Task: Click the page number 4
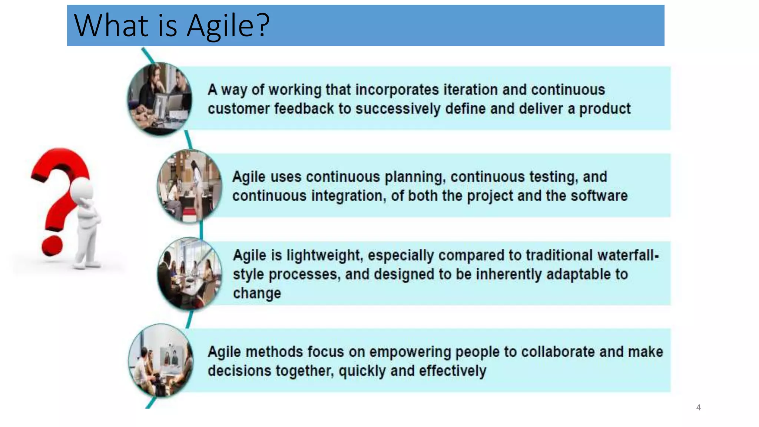click(698, 407)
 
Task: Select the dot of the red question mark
click(52, 245)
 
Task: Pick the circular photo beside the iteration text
click(160, 99)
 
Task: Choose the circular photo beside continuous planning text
click(190, 186)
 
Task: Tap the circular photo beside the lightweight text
click(190, 274)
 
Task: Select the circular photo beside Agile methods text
click(160, 360)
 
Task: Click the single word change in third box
click(257, 293)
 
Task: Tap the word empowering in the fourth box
click(410, 352)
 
